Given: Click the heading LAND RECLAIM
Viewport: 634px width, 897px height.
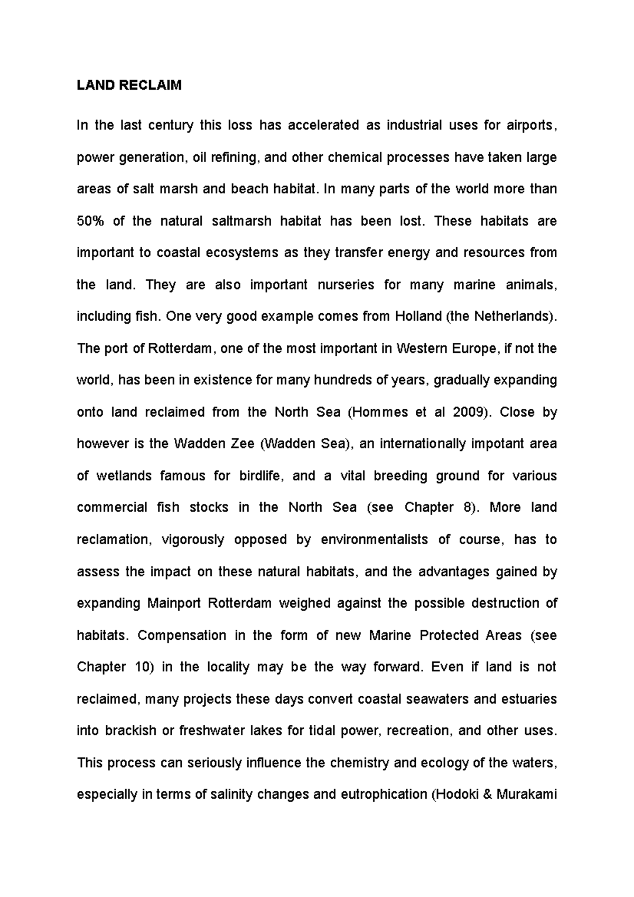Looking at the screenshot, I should (129, 86).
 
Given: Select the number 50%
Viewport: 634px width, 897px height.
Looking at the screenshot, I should (91, 221).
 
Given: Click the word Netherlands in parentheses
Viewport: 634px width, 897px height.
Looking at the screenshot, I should (511, 316).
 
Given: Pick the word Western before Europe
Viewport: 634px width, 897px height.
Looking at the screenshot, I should (422, 349).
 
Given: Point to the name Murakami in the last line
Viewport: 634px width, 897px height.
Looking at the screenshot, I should (527, 795).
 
